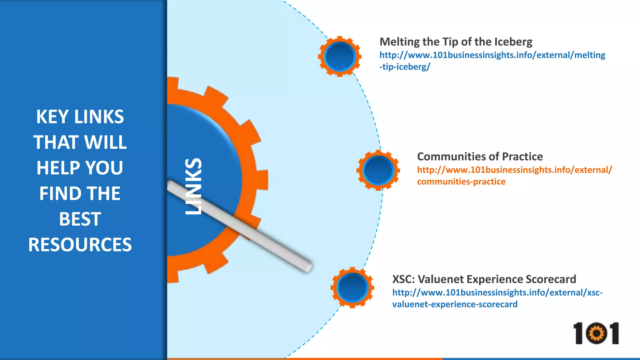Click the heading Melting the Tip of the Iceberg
pyautogui.click(x=456, y=42)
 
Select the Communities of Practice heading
pyautogui.click(x=480, y=157)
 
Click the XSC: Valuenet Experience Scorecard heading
pyautogui.click(x=484, y=279)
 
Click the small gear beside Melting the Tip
pyautogui.click(x=340, y=57)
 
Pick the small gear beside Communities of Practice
pyautogui.click(x=378, y=170)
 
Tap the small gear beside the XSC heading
pyautogui.click(x=352, y=287)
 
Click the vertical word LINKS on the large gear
pyautogui.click(x=193, y=186)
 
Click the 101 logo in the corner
pyautogui.click(x=596, y=333)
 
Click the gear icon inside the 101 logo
pyautogui.click(x=596, y=334)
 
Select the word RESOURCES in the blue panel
pyautogui.click(x=80, y=244)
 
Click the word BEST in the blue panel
pyautogui.click(x=80, y=219)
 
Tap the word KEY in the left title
pyautogui.click(x=52, y=117)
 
